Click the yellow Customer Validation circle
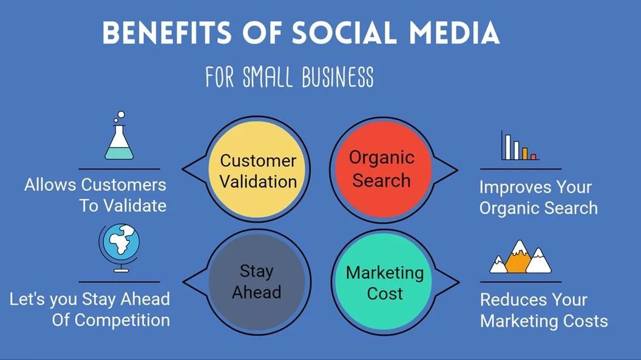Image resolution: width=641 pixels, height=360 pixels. [x=258, y=171]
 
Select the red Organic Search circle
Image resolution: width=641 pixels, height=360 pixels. [x=382, y=169]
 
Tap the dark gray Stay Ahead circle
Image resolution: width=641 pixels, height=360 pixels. [x=257, y=280]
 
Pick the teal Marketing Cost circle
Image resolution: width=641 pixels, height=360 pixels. [x=384, y=282]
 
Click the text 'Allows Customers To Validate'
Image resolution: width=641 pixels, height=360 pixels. [x=95, y=195]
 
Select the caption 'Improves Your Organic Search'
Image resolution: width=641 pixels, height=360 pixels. [x=538, y=197]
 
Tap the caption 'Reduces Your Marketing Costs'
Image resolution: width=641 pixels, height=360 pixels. [x=543, y=310]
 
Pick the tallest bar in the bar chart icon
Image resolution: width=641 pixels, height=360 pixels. [x=504, y=146]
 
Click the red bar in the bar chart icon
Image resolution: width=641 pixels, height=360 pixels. [x=534, y=157]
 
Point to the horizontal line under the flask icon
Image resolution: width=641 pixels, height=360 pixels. [x=119, y=169]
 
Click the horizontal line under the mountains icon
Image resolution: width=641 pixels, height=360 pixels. [x=520, y=282]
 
